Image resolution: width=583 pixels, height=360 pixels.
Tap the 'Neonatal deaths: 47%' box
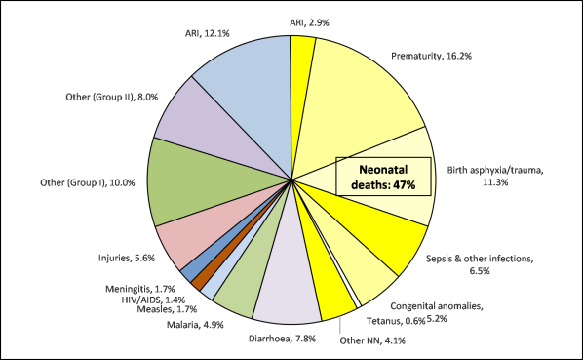point(390,179)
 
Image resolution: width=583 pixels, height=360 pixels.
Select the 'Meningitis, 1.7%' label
point(140,289)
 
